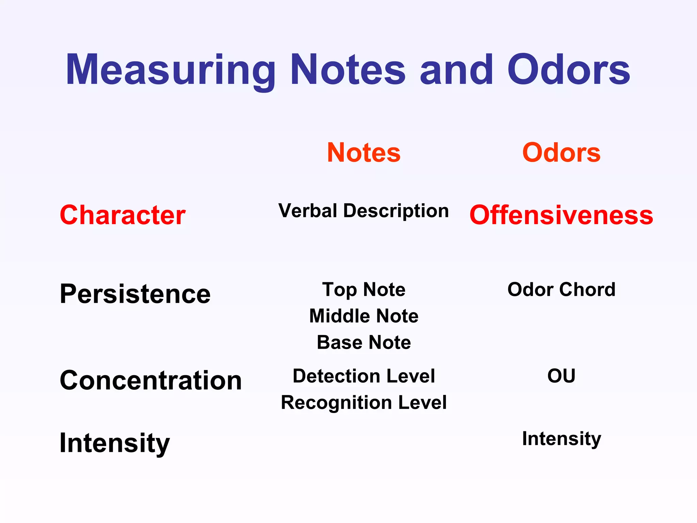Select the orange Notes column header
[364, 153]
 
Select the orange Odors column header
[562, 153]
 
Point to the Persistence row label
[135, 294]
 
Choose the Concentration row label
[151, 380]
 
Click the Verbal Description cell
[363, 211]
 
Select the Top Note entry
[364, 290]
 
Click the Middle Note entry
[364, 316]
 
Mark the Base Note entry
[364, 342]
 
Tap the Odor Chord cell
[562, 290]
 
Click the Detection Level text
[364, 376]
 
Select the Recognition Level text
[364, 402]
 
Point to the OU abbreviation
[562, 376]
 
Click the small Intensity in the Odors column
[562, 439]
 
